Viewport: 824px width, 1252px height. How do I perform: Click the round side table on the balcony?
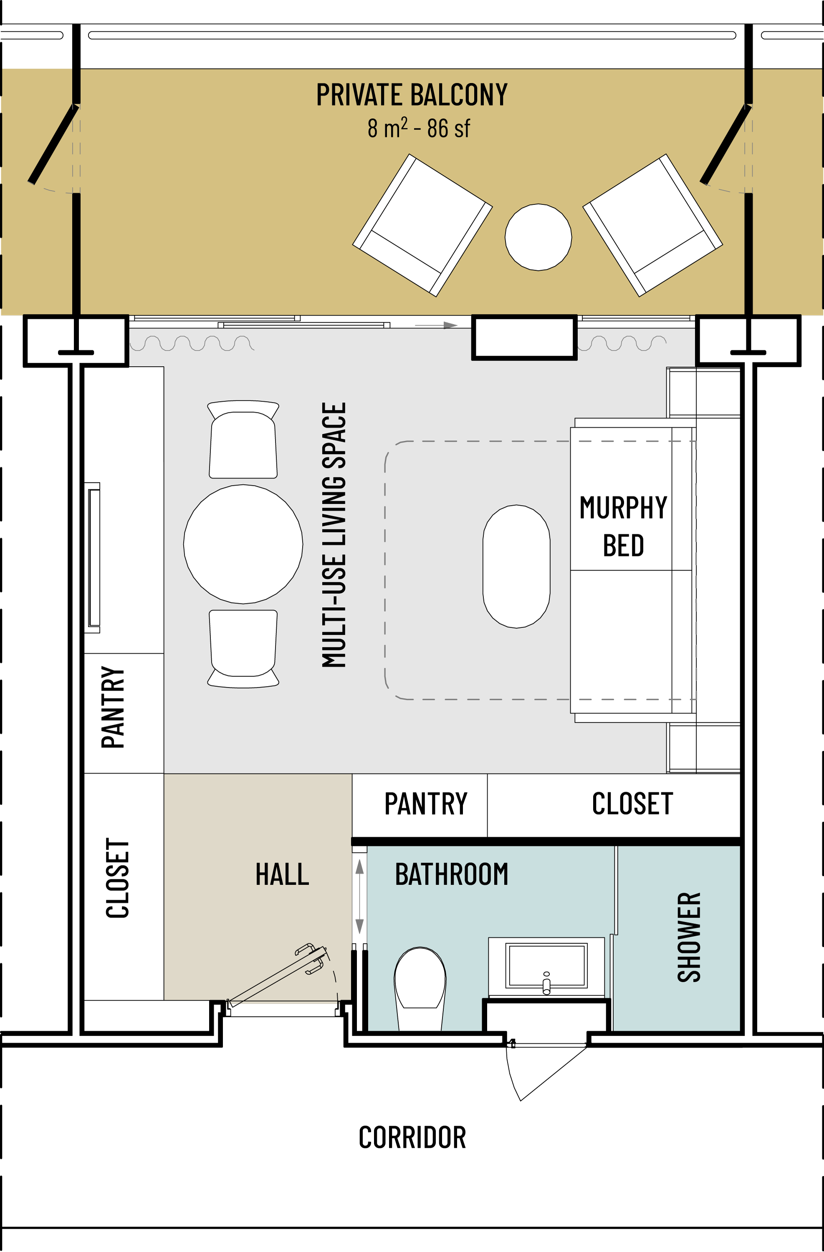click(538, 237)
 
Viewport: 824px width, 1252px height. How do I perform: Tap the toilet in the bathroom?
click(420, 989)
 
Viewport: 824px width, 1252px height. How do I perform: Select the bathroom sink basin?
click(546, 966)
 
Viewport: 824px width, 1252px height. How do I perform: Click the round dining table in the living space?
click(243, 544)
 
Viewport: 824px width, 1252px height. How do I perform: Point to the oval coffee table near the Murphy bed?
click(516, 566)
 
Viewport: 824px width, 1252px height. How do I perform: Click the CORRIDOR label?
click(412, 1137)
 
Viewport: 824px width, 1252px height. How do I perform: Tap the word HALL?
click(282, 874)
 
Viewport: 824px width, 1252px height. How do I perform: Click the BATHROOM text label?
click(452, 874)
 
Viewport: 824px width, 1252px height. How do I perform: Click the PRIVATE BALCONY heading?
click(412, 95)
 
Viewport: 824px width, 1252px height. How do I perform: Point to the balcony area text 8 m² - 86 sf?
click(419, 128)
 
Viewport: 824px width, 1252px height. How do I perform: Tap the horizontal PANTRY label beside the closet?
click(426, 804)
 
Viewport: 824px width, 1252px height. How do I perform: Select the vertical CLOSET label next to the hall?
click(117, 878)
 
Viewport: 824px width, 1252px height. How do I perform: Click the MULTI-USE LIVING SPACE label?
click(334, 535)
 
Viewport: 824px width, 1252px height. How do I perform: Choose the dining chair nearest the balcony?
click(243, 439)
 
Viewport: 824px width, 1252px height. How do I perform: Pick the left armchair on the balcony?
click(422, 225)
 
